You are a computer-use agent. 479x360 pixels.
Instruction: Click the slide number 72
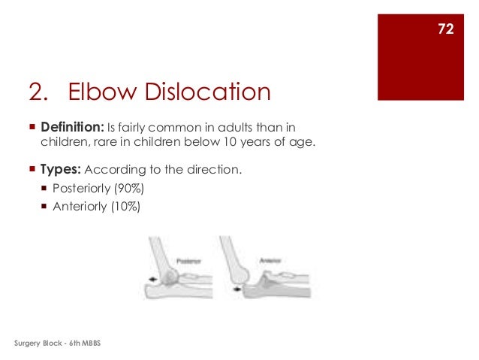(445, 29)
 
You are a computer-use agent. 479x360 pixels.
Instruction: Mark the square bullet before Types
(32, 170)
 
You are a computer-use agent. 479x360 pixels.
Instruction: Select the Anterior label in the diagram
(270, 261)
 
